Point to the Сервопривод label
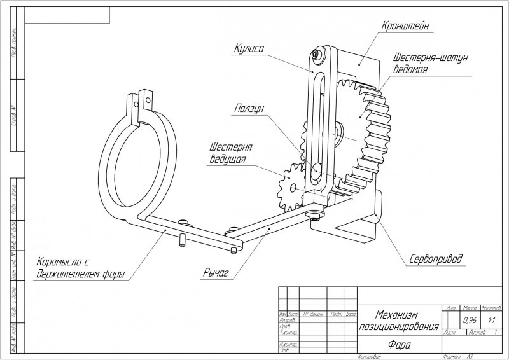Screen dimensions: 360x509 [436, 259]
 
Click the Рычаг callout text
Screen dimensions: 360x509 [217, 273]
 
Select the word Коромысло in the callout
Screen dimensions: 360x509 [62, 261]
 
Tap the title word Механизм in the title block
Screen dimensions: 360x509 [398, 314]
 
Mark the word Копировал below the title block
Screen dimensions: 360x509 [369, 357]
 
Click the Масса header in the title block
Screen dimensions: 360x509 [471, 308]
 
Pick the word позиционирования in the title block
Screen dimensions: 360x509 [398, 326]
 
